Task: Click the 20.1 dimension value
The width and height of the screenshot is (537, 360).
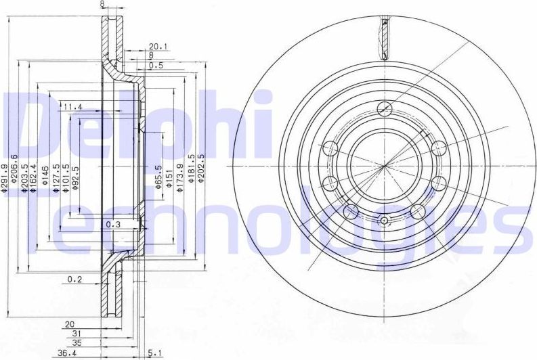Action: [x=158, y=46]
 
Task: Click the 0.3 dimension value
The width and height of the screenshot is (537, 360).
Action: [x=112, y=224]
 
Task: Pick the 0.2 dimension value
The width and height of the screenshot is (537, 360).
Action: [x=75, y=279]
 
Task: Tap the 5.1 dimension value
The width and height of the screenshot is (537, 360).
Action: [x=154, y=351]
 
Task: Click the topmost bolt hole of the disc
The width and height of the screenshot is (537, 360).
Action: [x=384, y=108]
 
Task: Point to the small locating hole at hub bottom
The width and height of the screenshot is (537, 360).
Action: [x=384, y=221]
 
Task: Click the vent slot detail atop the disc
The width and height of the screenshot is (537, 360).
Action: [x=384, y=37]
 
